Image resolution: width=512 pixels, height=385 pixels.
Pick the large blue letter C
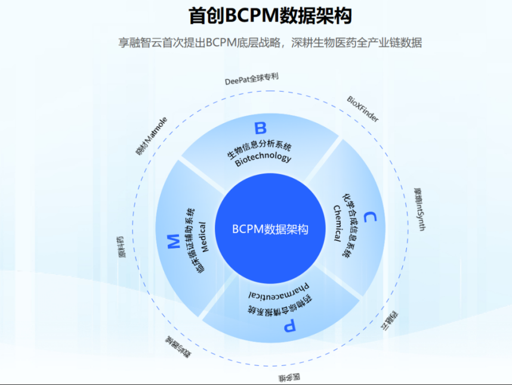coord(369,217)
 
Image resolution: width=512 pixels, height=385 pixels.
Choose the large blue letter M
coord(172,241)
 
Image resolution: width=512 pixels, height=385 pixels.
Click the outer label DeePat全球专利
coord(251,79)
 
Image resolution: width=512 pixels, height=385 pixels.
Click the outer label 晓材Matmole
coord(151,136)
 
